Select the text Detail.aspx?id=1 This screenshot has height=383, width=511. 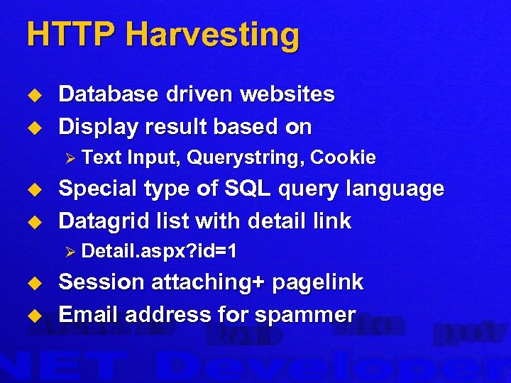(x=160, y=251)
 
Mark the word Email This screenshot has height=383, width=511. (x=84, y=314)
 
